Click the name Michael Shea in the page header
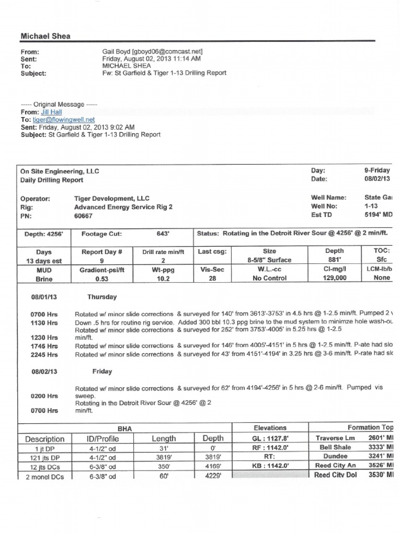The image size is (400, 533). [x=45, y=36]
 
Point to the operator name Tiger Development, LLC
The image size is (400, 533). [x=111, y=198]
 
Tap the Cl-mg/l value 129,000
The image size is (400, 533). [x=327, y=278]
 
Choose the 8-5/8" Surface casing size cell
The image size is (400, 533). [x=269, y=260]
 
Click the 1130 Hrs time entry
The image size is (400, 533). [x=44, y=323]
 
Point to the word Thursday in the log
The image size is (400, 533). [x=102, y=297]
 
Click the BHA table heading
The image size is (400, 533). [x=124, y=428]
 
